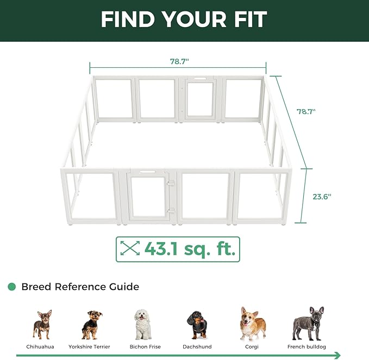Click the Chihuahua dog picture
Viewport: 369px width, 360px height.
point(42,324)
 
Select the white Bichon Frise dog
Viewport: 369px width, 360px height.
point(143,324)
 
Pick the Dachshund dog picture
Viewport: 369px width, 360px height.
point(196,325)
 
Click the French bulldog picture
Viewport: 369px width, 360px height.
point(307,324)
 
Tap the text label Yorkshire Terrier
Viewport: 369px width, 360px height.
point(89,346)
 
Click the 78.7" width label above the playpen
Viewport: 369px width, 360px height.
point(178,61)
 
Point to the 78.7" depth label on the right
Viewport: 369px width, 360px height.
point(305,111)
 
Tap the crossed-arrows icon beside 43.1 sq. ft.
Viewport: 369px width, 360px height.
point(129,249)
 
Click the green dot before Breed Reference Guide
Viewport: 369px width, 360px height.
point(11,287)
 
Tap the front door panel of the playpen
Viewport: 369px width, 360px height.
point(147,197)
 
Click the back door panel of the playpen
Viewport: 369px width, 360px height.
point(199,99)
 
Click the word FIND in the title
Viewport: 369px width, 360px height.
point(129,20)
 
